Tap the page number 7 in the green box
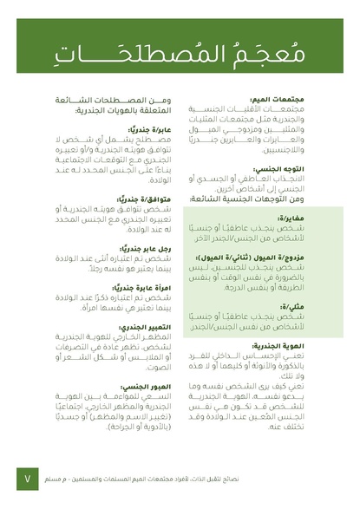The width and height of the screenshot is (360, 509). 28,478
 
